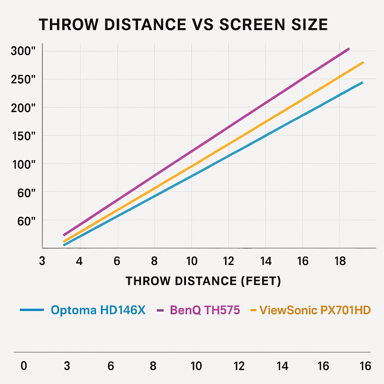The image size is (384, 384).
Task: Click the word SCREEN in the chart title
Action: click(245, 25)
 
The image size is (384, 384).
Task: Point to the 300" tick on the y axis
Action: click(23, 51)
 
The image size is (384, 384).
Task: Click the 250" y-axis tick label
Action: click(23, 79)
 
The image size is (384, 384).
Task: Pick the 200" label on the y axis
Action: click(23, 108)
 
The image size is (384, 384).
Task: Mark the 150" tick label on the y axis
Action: click(23, 136)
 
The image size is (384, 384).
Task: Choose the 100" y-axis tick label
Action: click(23, 164)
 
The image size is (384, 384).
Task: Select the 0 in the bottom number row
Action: click(24, 366)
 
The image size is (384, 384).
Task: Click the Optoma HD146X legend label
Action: click(98, 310)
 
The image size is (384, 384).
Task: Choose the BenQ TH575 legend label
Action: click(205, 310)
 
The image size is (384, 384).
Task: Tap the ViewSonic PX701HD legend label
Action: click(315, 310)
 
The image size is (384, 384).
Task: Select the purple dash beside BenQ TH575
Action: click(161, 310)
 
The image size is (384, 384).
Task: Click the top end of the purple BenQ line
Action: click(349, 49)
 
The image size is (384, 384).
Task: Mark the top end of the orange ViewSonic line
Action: click(363, 62)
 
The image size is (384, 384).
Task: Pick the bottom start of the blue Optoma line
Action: click(64, 245)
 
